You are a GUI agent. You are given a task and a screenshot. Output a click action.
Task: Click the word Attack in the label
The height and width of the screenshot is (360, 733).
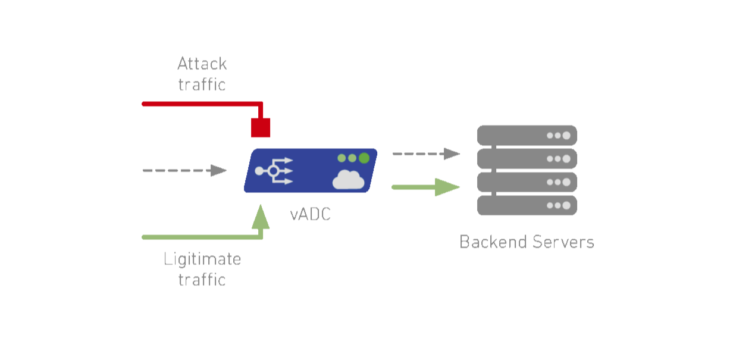(x=202, y=64)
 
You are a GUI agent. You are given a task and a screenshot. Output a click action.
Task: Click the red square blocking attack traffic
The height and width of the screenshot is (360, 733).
(x=261, y=127)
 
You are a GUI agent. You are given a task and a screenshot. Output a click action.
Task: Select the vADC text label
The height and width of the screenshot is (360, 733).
(x=311, y=214)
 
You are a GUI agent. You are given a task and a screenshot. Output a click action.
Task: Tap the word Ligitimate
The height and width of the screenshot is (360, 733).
(x=202, y=259)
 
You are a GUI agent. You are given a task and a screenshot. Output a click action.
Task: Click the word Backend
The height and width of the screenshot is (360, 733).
(x=493, y=242)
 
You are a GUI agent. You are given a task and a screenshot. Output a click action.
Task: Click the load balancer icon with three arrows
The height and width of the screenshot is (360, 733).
(x=274, y=171)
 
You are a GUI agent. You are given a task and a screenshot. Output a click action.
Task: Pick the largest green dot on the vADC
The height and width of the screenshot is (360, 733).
(x=364, y=158)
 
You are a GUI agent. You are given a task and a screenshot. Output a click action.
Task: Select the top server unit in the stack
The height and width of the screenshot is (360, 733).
(x=527, y=135)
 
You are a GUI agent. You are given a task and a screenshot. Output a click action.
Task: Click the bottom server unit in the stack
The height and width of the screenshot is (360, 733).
(x=527, y=205)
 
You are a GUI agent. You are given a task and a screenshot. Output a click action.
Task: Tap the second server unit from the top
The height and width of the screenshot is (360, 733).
(x=527, y=159)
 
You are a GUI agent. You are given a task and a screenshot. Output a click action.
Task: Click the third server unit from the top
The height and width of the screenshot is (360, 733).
(x=527, y=182)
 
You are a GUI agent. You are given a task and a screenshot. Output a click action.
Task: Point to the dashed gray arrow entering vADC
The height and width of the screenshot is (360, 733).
(x=184, y=171)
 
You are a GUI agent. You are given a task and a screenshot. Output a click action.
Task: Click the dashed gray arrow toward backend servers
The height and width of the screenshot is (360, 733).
(x=426, y=154)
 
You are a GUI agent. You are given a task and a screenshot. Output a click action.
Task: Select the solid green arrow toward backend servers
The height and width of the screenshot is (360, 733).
(x=426, y=187)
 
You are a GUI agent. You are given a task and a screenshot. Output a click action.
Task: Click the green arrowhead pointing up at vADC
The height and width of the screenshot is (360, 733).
(x=261, y=218)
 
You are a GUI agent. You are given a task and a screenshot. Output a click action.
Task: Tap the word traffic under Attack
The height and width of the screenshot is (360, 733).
(x=202, y=84)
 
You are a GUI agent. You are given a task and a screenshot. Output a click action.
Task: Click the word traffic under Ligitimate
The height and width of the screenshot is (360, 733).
(x=202, y=280)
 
